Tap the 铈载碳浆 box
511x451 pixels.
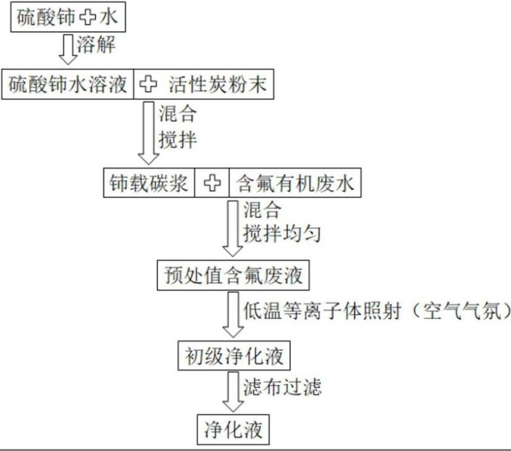149,183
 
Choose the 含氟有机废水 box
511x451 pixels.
295,183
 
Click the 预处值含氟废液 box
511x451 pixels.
232,275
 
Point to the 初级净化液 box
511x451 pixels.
232,357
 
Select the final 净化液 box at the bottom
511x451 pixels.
232,429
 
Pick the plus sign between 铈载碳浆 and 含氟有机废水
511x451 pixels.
212,183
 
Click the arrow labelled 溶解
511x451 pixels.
67,48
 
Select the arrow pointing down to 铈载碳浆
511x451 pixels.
148,132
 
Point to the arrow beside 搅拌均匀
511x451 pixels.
232,228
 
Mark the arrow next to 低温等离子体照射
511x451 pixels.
232,315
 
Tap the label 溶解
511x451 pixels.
96,46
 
